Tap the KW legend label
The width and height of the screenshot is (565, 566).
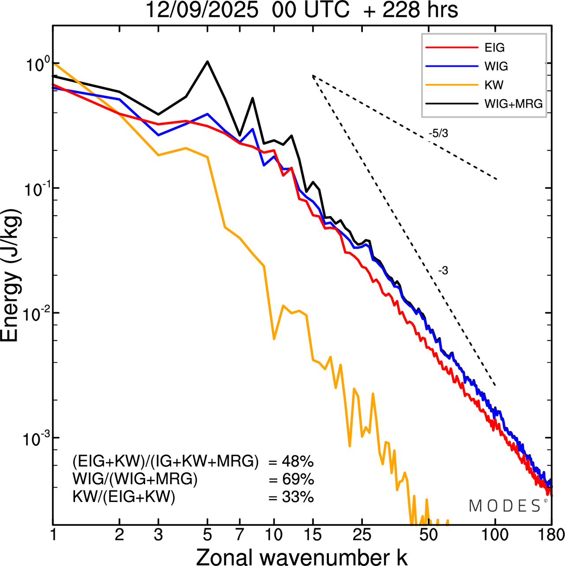pos(494,85)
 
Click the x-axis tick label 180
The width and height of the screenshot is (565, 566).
pos(551,535)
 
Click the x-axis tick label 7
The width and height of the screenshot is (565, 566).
pos(240,535)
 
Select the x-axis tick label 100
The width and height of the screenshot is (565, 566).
pos(495,535)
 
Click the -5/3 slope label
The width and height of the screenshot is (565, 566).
pos(438,133)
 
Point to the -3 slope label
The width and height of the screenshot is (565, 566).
pos(443,271)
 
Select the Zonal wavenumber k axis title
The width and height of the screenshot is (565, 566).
pos(302,557)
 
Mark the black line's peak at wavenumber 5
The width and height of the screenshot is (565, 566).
pos(207,61)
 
